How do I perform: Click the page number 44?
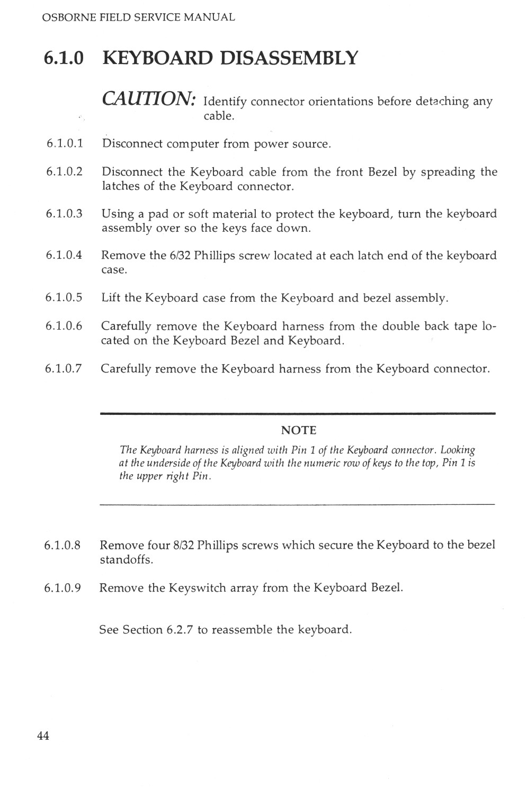point(43,736)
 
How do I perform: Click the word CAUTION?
point(150,98)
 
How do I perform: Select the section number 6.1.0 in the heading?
point(64,58)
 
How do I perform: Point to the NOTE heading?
point(298,430)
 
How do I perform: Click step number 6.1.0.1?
point(64,143)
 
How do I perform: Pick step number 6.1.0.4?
point(64,256)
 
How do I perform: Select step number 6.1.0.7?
point(64,368)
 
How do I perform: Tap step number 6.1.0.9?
point(63,587)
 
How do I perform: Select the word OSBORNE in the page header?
point(66,17)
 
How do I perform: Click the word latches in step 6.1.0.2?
point(119,186)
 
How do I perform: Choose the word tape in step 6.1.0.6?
point(465,326)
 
